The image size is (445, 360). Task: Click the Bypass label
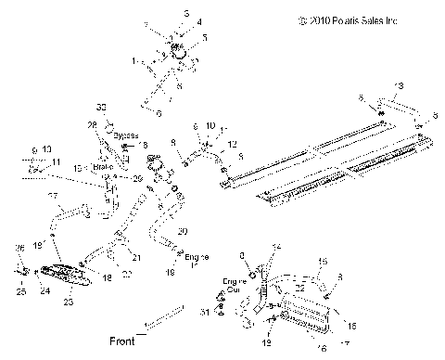tap(124, 135)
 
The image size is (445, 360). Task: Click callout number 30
tap(102, 108)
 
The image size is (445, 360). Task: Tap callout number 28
tap(92, 124)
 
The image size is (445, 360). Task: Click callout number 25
tap(19, 290)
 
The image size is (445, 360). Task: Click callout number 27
tap(52, 196)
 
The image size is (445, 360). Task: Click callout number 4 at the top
tap(184, 20)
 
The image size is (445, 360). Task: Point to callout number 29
tap(138, 177)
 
